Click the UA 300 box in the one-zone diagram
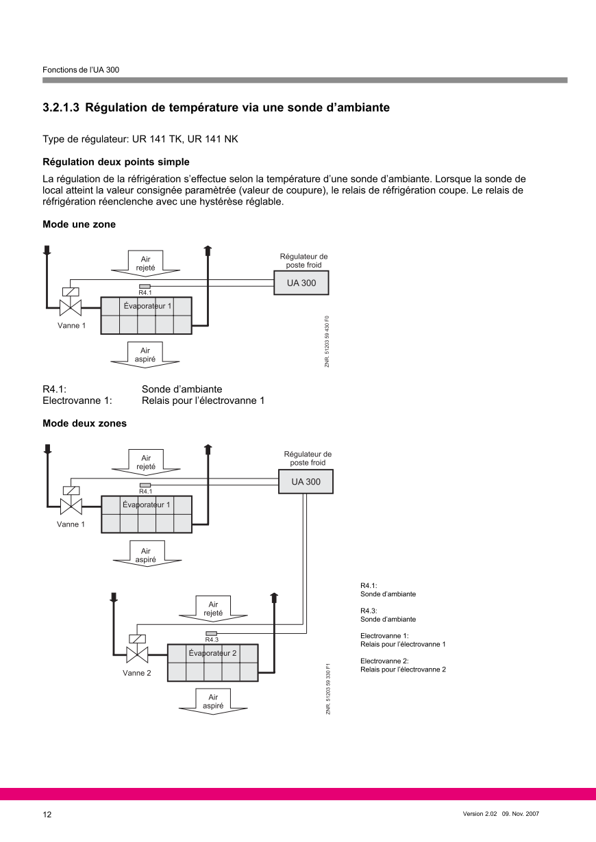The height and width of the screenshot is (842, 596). coord(301,283)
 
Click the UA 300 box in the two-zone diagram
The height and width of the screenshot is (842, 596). coord(306,482)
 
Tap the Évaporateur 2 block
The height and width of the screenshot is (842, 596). coord(212,662)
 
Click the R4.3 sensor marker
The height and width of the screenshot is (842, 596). coord(212,633)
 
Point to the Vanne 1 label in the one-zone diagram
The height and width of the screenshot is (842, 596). coord(71,325)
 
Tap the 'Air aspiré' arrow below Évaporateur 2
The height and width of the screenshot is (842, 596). coord(213,701)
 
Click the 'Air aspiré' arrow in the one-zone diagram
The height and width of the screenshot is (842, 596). coord(145,354)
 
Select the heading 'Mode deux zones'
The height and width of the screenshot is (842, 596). coord(84,423)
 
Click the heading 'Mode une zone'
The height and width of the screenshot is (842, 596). coord(79,225)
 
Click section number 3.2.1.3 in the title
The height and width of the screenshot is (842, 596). coord(62,107)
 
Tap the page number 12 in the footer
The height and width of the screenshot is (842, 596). coord(47,815)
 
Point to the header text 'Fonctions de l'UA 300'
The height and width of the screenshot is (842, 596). coord(81,70)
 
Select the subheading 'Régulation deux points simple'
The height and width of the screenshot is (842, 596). coord(116,162)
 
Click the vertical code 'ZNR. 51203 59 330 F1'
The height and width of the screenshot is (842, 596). coord(328,689)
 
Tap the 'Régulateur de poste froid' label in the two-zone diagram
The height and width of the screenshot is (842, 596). coord(308,458)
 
